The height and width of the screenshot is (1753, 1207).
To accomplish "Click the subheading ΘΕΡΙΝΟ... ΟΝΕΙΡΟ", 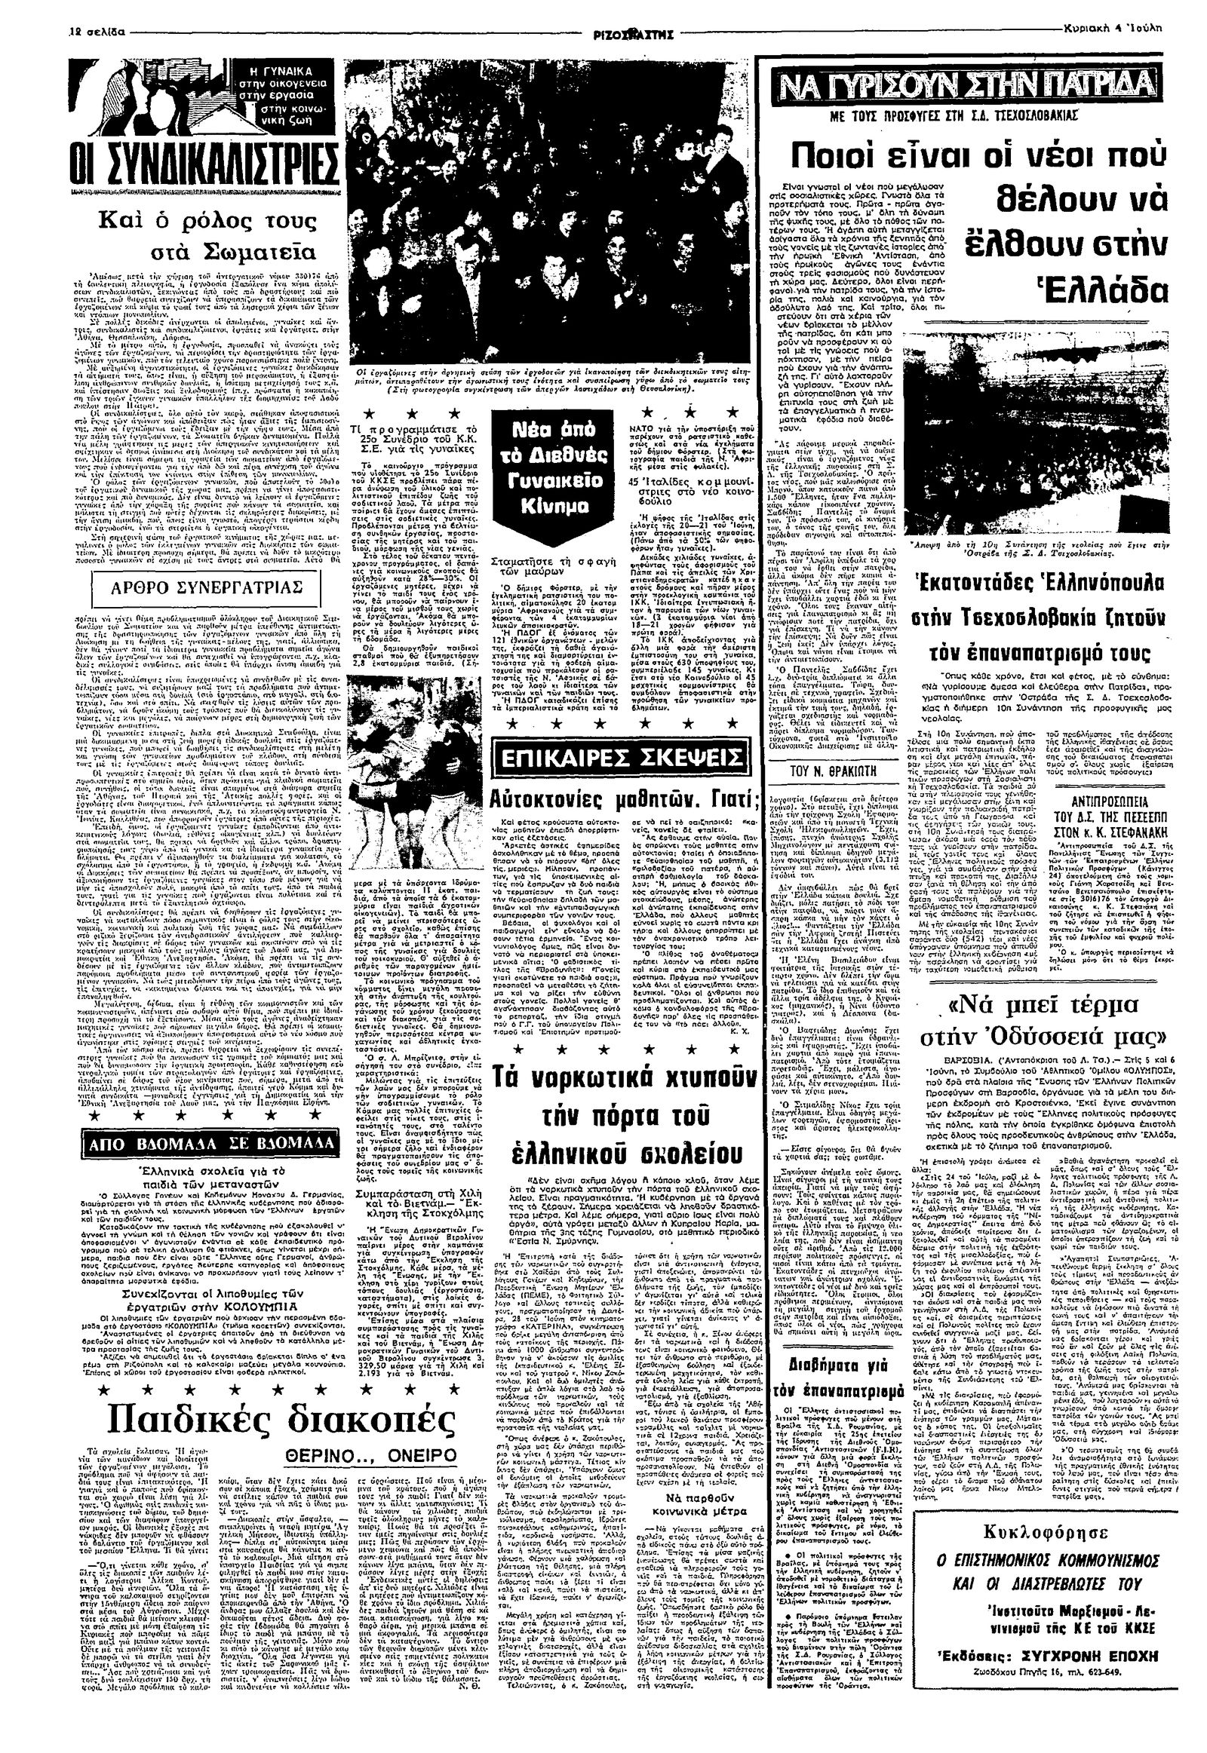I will click(x=387, y=1451).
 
